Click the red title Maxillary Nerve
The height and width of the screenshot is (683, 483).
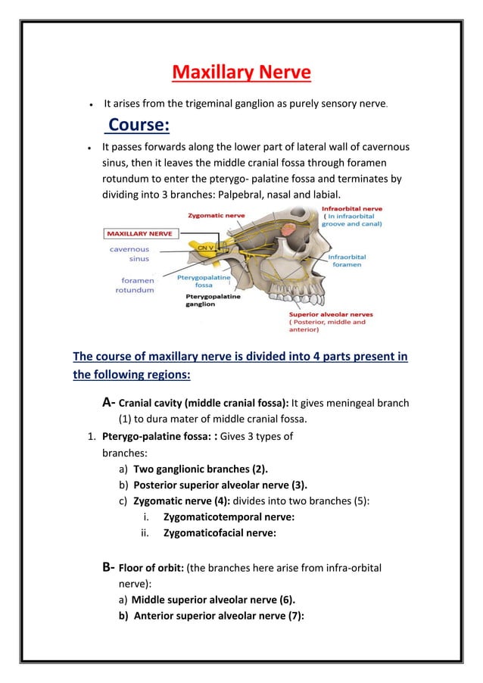[x=241, y=73]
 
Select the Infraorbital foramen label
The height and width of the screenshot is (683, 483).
[x=347, y=261]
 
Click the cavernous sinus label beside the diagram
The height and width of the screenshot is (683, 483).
[x=129, y=253]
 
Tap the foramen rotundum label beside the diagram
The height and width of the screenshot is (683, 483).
[x=135, y=285]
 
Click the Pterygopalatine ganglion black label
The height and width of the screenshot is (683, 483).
[x=213, y=301]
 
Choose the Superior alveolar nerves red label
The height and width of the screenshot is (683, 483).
[x=330, y=314]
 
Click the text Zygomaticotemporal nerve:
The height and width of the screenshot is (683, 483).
[x=218, y=516]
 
